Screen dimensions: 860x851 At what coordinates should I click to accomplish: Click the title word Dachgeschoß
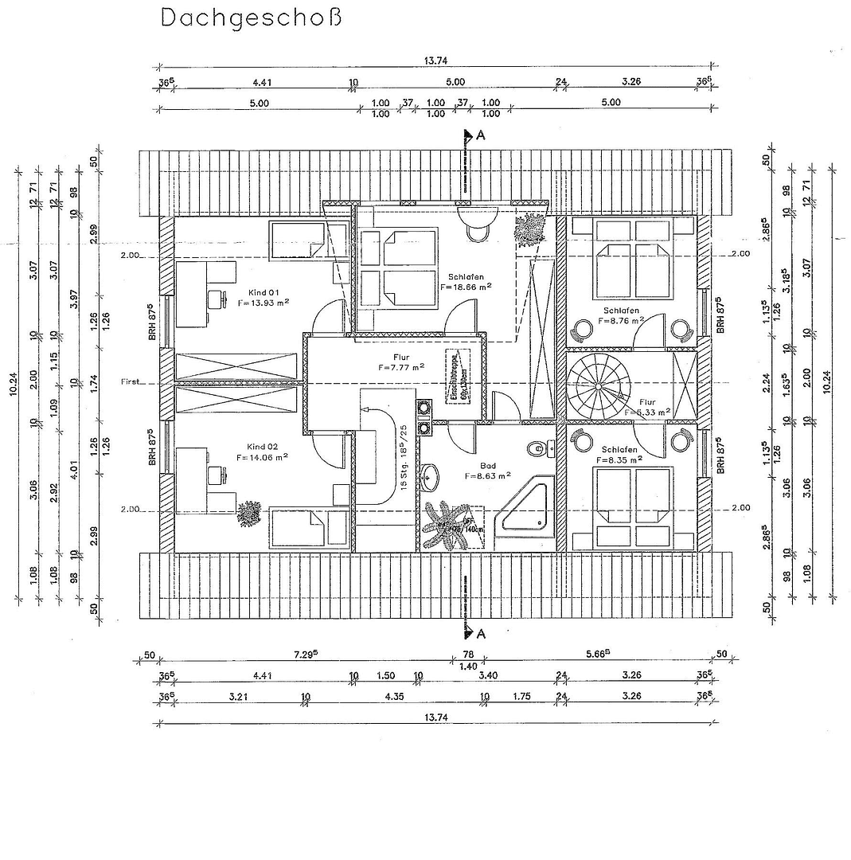(252, 18)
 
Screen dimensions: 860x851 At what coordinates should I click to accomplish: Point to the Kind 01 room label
(262, 292)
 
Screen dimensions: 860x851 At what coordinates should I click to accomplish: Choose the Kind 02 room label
(262, 446)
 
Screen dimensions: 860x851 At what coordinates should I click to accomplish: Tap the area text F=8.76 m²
(620, 322)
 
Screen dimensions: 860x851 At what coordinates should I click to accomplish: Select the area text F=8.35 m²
(620, 459)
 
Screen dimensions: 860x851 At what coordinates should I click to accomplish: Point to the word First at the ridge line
(131, 382)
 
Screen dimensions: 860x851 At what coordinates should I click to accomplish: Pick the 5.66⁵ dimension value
(596, 655)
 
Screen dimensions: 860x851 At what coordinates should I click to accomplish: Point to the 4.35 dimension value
(394, 696)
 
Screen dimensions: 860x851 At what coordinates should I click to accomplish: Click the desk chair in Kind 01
(214, 299)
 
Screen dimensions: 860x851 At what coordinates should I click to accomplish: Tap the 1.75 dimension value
(522, 696)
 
